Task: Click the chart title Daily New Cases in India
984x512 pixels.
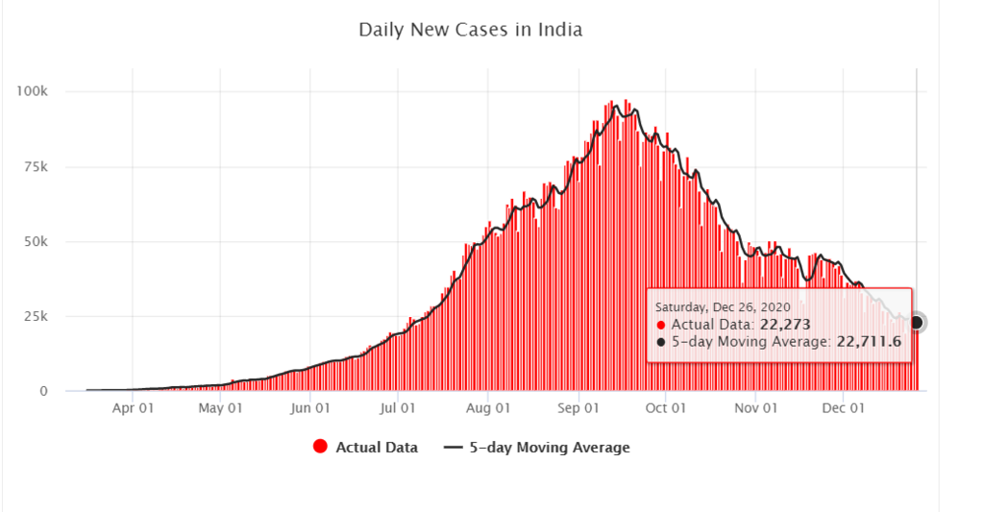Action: (x=470, y=30)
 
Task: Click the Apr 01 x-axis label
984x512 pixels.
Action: (x=133, y=408)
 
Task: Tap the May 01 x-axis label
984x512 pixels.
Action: (x=220, y=408)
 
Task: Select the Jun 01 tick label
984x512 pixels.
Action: (x=310, y=408)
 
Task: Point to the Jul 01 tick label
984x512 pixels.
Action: (x=397, y=408)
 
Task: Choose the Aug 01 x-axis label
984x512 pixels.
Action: (x=487, y=408)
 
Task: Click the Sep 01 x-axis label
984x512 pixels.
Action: (x=577, y=408)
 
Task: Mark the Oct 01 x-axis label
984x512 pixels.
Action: (x=665, y=408)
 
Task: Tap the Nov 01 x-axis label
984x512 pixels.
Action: (x=754, y=408)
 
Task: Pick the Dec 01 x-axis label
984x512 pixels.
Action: (x=843, y=408)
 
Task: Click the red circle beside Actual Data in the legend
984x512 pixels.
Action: (x=321, y=447)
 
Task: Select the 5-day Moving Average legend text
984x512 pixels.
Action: (x=550, y=447)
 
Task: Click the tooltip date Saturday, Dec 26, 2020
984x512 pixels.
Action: (x=723, y=306)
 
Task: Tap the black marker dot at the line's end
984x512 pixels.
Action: (x=916, y=323)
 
